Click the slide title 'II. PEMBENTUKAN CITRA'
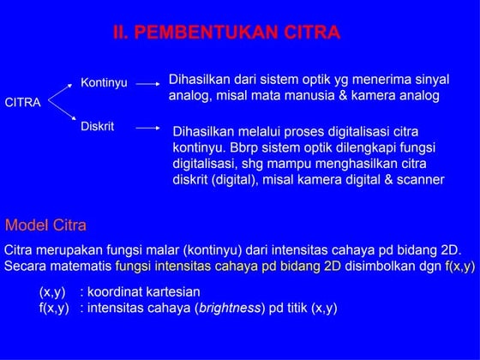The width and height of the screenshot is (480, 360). click(x=227, y=33)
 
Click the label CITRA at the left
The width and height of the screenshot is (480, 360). click(x=23, y=103)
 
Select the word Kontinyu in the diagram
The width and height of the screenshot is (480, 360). click(x=104, y=83)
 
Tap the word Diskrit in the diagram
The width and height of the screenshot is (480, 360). click(x=97, y=126)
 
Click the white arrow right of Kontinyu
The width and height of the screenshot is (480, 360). click(x=148, y=84)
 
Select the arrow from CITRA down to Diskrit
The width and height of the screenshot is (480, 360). click(x=59, y=115)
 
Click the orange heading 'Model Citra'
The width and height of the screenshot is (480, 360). click(x=45, y=226)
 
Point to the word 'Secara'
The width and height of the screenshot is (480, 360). click(x=25, y=267)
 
